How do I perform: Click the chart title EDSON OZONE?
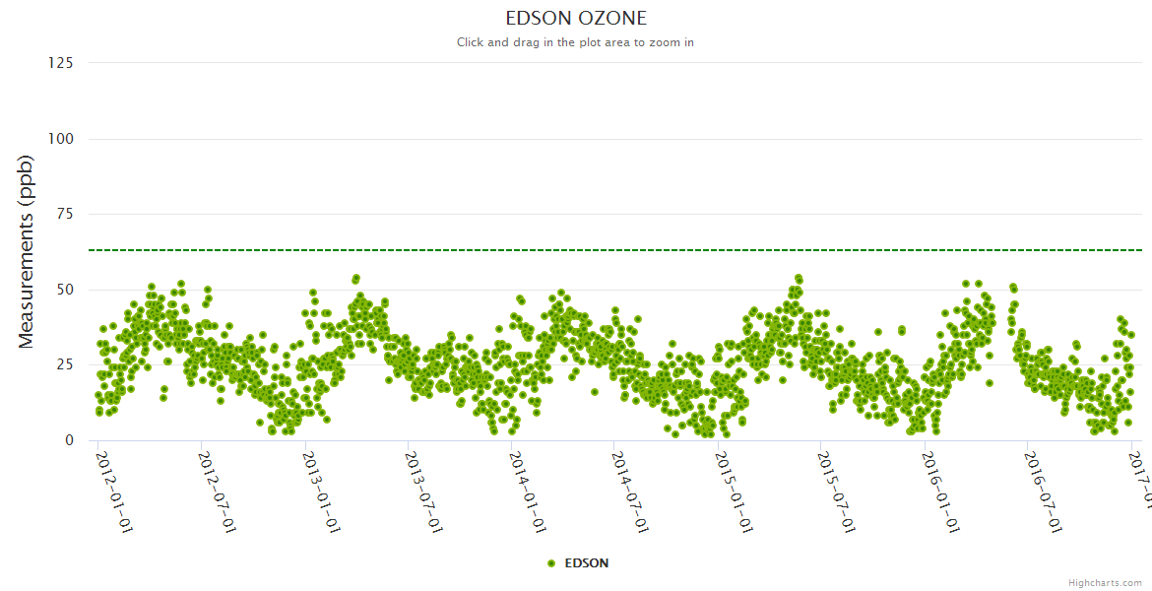click(576, 19)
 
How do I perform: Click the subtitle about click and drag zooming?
click(576, 42)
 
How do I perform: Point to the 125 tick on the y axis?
click(60, 63)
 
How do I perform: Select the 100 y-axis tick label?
click(60, 139)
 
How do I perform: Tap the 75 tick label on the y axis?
click(64, 214)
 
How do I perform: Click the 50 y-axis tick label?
click(64, 290)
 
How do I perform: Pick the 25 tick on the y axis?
click(64, 365)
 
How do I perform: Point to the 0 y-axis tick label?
click(68, 440)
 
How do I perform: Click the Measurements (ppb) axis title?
click(27, 251)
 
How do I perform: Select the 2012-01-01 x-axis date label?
click(114, 492)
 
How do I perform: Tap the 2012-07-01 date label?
click(218, 492)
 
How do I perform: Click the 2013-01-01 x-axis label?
click(321, 492)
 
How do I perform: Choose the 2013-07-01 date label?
click(424, 492)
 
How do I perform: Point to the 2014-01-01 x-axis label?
click(528, 492)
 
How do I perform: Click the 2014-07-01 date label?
click(630, 492)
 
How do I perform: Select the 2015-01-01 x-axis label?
click(734, 492)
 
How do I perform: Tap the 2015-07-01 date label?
click(837, 492)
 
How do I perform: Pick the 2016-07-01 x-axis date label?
click(1044, 492)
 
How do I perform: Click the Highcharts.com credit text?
click(1105, 583)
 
